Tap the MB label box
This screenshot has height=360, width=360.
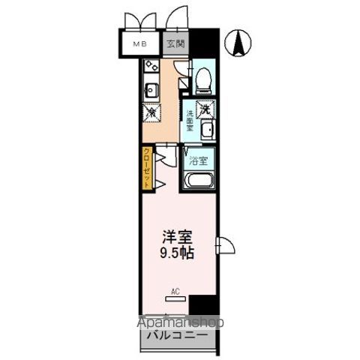tap(140, 43)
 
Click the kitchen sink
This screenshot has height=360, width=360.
tap(150, 90)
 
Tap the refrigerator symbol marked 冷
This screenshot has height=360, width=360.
tap(150, 112)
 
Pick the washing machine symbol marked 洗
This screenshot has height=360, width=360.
tap(204, 106)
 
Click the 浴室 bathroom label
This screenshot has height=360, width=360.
tap(199, 160)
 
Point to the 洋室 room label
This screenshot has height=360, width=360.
tap(177, 236)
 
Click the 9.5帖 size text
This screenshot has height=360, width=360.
tap(177, 253)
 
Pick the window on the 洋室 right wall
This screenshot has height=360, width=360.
tap(223, 245)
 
